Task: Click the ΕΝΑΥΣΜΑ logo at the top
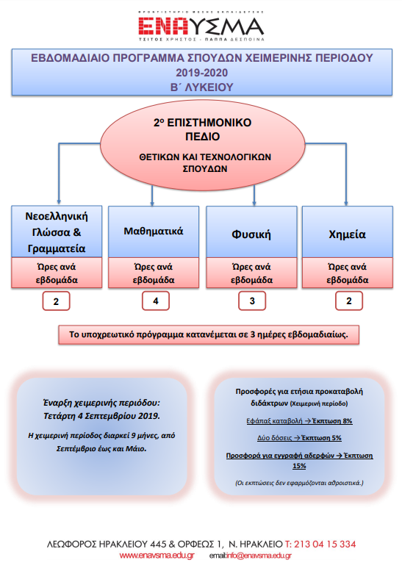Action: [x=201, y=26]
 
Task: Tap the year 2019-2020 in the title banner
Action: [x=201, y=73]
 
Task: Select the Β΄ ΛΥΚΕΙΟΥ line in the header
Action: [x=201, y=87]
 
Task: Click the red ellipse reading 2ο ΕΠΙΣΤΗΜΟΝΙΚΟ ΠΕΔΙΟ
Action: [x=202, y=146]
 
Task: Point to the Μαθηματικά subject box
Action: [x=154, y=231]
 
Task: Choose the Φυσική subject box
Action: [x=251, y=231]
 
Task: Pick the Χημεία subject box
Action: [x=348, y=231]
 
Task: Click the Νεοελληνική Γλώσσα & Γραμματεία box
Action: [x=57, y=231]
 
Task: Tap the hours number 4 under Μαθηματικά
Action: [x=156, y=301]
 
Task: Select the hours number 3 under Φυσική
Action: [x=252, y=301]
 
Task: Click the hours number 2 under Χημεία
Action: [x=349, y=301]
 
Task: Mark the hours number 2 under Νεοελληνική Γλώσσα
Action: [x=56, y=301]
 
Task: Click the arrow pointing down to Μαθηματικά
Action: [x=152, y=196]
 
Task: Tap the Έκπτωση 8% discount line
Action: [x=299, y=421]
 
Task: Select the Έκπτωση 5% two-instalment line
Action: [x=299, y=438]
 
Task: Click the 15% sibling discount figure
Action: [x=299, y=466]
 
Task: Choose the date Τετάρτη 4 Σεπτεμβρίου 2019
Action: [x=101, y=416]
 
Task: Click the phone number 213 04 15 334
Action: [x=320, y=544]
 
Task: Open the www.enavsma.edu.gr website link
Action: [x=157, y=556]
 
